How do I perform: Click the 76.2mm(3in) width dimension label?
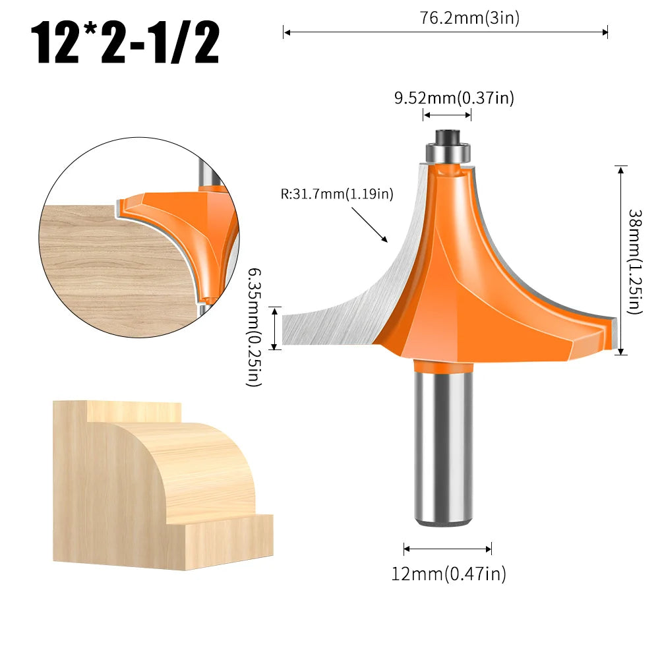[469, 18]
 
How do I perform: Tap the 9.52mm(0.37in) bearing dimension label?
[454, 98]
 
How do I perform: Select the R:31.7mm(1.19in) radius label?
[336, 194]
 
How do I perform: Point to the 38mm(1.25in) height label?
[634, 261]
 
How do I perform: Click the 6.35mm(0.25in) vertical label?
[254, 327]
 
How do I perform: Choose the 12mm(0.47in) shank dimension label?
[448, 574]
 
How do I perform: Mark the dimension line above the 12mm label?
[448, 549]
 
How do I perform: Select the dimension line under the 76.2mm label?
[445, 31]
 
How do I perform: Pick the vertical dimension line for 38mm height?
[620, 260]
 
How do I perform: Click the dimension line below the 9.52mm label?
[447, 115]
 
